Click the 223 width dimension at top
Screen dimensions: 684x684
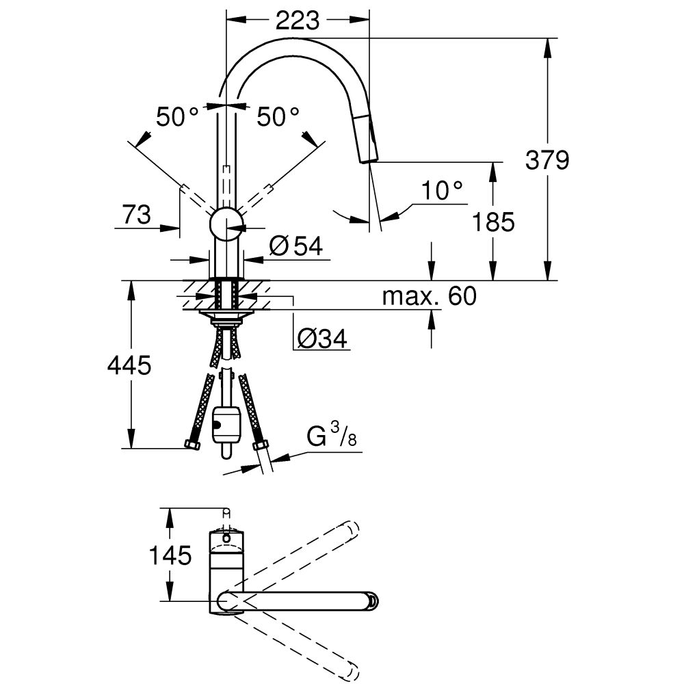click(x=298, y=21)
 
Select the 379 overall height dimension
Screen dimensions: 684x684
click(x=547, y=161)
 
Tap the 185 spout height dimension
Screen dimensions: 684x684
click(x=492, y=222)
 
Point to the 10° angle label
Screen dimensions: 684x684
click(x=442, y=192)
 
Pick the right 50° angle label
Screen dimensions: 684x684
click(x=278, y=117)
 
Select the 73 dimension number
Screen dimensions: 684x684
click(x=137, y=215)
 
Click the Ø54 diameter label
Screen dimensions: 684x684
click(x=295, y=246)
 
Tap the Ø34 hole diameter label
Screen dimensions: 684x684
click(x=322, y=337)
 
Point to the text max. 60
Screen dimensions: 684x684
click(x=428, y=296)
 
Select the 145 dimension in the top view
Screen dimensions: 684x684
click(x=170, y=555)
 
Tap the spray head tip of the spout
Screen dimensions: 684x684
click(x=368, y=159)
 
